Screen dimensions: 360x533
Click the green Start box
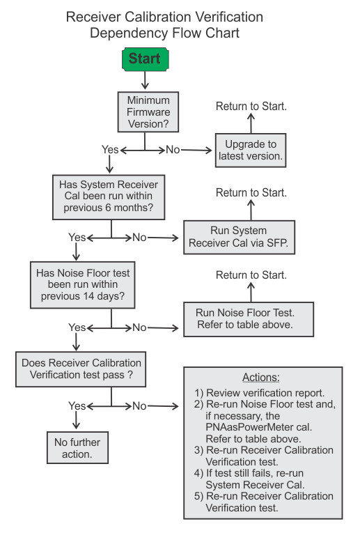[x=146, y=59]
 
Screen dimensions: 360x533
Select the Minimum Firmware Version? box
[x=148, y=112]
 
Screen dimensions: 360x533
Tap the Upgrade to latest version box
[x=251, y=150]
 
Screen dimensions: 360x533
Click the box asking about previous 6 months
[x=109, y=197]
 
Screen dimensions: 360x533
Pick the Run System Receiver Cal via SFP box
[x=239, y=238]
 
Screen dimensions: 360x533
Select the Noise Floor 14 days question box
[x=83, y=285]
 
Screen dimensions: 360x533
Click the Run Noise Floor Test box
[x=249, y=319]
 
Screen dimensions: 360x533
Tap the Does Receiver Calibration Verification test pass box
[x=81, y=369]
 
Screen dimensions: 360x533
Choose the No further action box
[x=77, y=448]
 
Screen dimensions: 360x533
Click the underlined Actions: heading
[x=261, y=378]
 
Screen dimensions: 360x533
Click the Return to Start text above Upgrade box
[x=251, y=107]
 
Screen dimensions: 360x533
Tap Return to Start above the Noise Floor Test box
[x=251, y=275]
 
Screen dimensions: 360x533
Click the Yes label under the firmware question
[x=110, y=150]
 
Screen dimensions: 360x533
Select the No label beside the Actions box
[x=139, y=406]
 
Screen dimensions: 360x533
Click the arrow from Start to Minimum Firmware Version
[x=145, y=81]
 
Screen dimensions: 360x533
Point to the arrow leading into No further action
[x=76, y=420]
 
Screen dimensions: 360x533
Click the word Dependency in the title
[x=130, y=33]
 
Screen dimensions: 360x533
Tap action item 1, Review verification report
[x=260, y=393]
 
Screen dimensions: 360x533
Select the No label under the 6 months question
[x=139, y=238]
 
